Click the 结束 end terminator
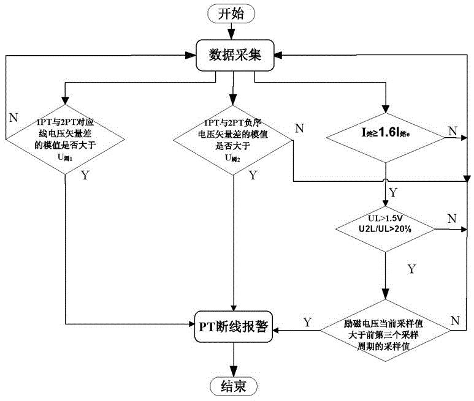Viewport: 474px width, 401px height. (233, 386)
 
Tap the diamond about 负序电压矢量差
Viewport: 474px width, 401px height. (232, 139)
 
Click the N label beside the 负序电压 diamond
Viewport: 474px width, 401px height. (299, 127)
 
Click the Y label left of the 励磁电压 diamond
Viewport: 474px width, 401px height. (307, 321)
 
